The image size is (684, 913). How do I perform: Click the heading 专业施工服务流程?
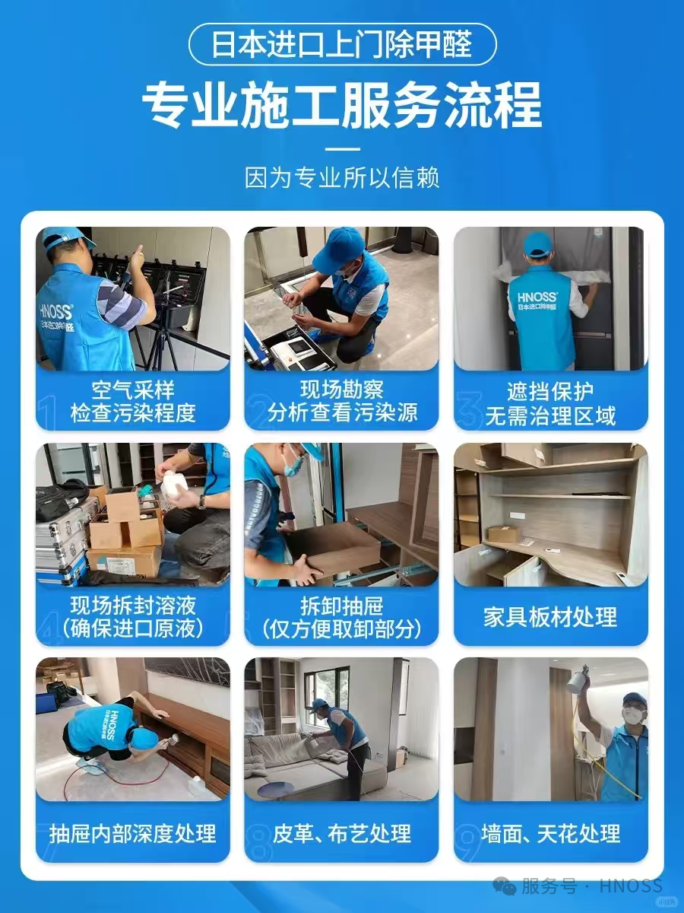point(342,107)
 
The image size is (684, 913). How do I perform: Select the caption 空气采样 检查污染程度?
point(133,402)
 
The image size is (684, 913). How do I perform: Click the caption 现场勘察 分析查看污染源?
point(342,402)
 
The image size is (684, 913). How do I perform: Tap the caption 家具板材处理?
point(551,616)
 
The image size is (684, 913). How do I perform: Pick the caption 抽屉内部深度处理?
point(133,832)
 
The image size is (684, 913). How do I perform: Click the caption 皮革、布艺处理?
point(342,832)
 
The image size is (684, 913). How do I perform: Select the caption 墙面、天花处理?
point(551,832)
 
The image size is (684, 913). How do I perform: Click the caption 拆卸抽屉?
point(342,606)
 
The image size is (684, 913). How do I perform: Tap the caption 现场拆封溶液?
point(133,606)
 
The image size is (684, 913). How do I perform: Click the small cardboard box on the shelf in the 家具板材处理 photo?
point(503,533)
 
